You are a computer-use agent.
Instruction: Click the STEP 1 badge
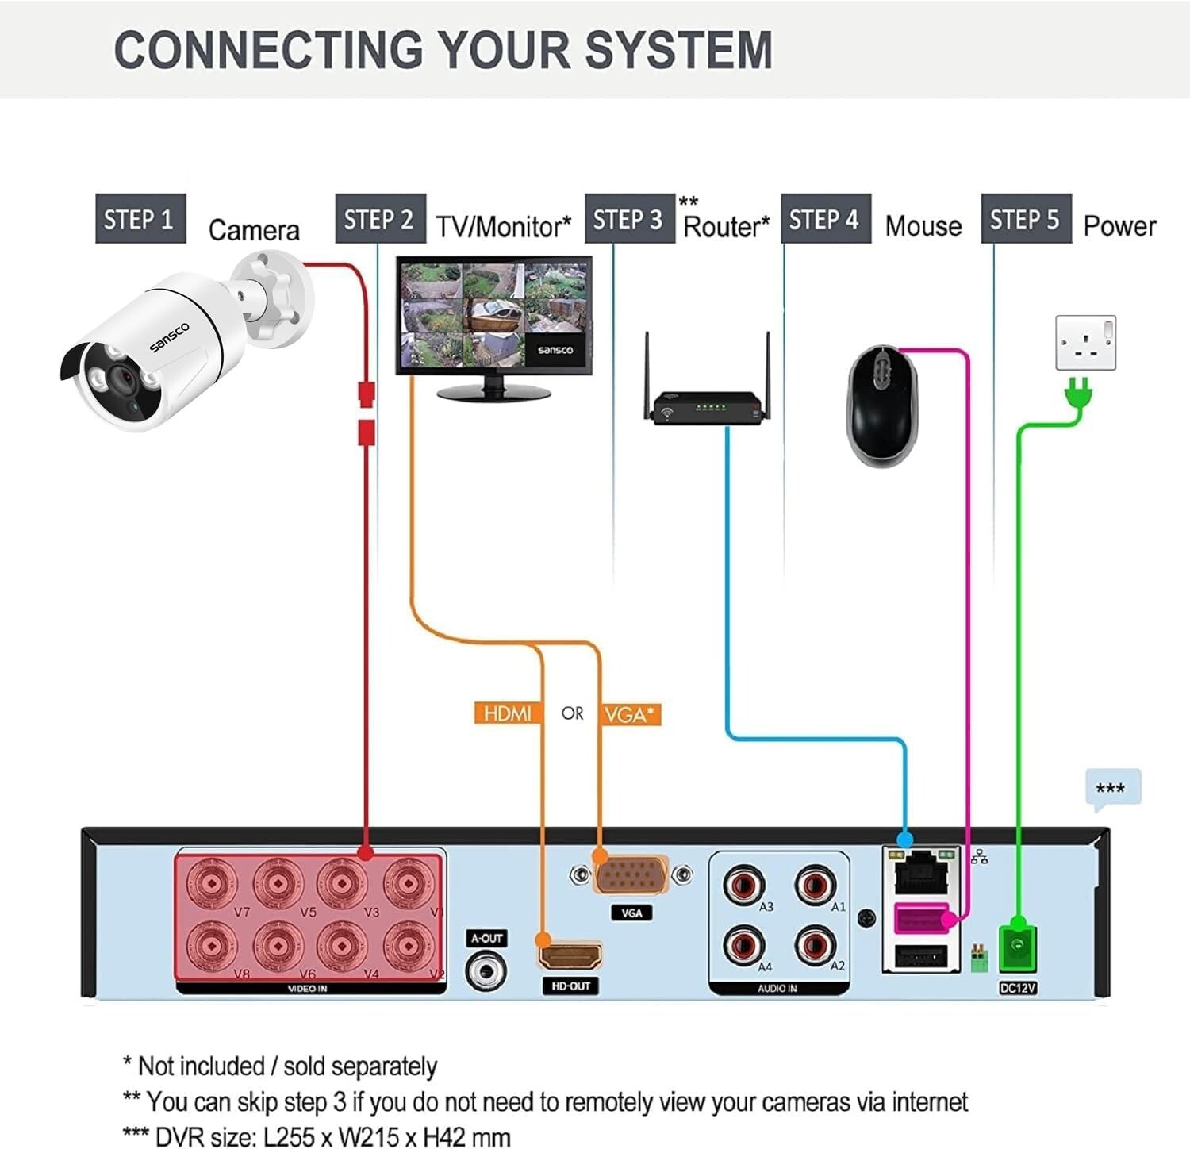tap(140, 218)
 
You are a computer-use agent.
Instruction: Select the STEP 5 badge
tap(1026, 218)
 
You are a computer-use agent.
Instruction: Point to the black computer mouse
tap(883, 405)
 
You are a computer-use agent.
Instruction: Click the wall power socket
tap(1085, 342)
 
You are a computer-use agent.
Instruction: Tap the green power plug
tap(1078, 394)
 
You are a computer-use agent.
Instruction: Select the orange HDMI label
tap(508, 713)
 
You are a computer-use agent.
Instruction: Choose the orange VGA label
tap(630, 714)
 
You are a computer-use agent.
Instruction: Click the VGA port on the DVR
tap(631, 875)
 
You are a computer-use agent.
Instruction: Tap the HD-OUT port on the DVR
tap(570, 955)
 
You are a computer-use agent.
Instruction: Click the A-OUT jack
tap(486, 970)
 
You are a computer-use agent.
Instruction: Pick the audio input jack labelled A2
tap(815, 945)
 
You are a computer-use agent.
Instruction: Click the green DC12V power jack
tap(1018, 948)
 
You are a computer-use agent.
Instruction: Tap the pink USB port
tap(921, 919)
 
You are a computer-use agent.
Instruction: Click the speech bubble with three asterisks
tap(1112, 790)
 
